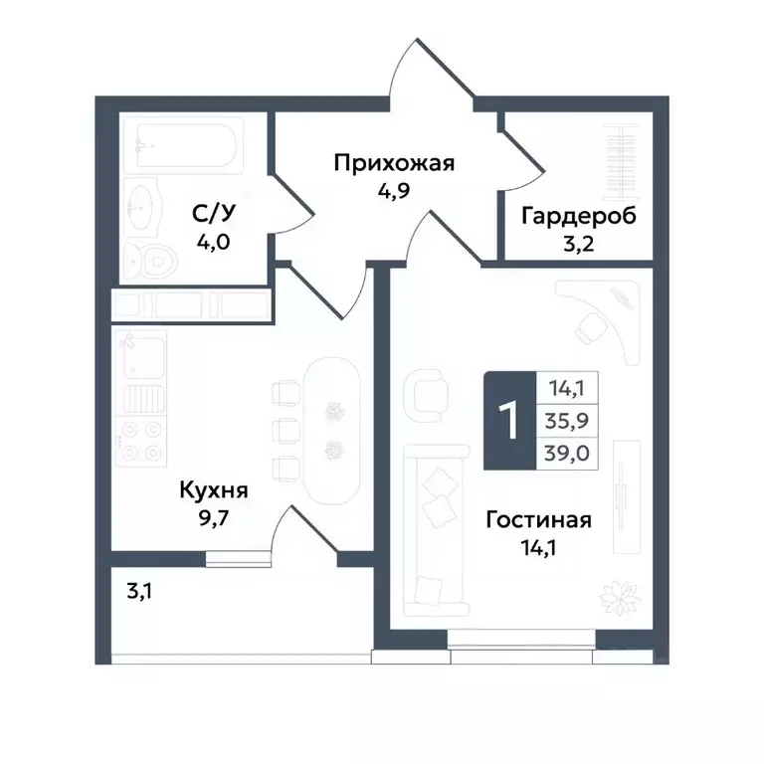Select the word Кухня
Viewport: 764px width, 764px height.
tap(213, 490)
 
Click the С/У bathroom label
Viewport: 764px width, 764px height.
tap(213, 215)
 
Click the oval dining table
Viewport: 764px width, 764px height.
tap(334, 430)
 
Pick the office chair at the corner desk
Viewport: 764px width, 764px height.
tap(589, 326)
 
